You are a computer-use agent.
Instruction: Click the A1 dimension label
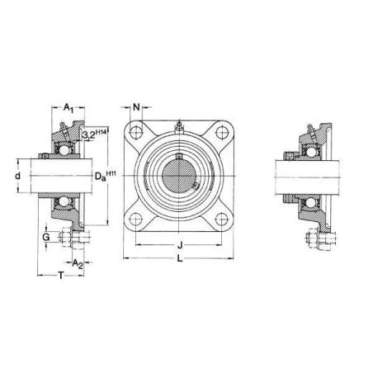tap(68, 107)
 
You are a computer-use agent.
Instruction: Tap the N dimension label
tap(136, 107)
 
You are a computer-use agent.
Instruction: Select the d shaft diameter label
tap(18, 176)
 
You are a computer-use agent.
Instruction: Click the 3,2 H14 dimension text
tap(94, 135)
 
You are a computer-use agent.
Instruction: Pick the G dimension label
tap(46, 237)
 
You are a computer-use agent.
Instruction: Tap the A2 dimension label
tap(78, 264)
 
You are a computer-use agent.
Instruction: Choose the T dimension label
tap(61, 275)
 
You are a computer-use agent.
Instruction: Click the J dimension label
tap(180, 244)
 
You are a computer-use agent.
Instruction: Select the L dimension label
tap(180, 258)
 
